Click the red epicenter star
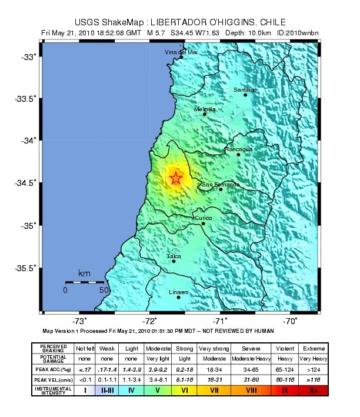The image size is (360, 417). pos(176,178)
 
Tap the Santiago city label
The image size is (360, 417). pos(245,89)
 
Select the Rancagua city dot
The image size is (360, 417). pos(238,154)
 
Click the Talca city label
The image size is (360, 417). pos(174,256)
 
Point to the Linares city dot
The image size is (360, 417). pos(179,298)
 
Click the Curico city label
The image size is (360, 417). pos(204,218)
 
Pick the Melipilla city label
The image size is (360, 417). pos(205,109)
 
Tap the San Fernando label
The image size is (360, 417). pos(221,184)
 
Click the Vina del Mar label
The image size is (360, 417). pos(181,52)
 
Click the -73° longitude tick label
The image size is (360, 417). pos(80,321)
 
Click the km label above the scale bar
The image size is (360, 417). pos(84,273)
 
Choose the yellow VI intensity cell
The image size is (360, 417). pos(185,389)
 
